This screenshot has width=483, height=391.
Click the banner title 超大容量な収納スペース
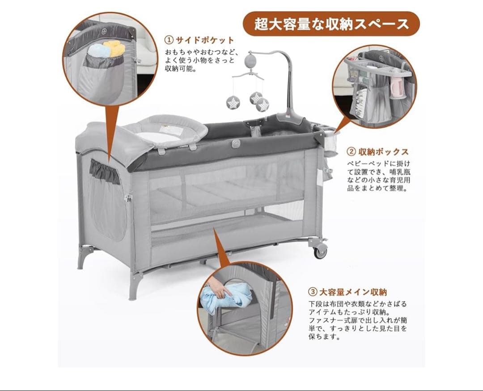(331, 24)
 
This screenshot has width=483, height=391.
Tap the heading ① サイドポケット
(199, 40)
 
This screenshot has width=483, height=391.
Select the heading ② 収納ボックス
(378, 152)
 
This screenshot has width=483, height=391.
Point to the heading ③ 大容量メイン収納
(348, 292)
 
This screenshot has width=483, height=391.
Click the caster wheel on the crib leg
(320, 250)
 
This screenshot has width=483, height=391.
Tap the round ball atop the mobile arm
(253, 60)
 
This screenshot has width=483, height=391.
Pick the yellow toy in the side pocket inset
(114, 48)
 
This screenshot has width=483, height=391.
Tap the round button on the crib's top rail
(236, 144)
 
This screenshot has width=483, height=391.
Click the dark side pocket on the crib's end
(105, 172)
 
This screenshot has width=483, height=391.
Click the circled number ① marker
(169, 40)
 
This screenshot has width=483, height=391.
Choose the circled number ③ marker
(313, 292)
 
